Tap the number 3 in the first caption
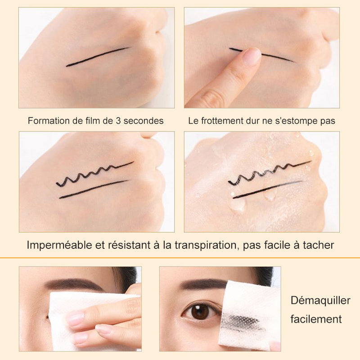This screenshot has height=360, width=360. pos(118,121)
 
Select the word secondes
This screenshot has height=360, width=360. pos(144,121)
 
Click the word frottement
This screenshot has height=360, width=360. pos(222,121)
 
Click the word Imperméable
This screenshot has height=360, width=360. pos(59,245)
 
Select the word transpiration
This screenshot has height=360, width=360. pos(206,245)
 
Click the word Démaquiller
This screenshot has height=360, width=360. pos(320,301)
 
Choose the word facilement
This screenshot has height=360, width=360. pos(316,319)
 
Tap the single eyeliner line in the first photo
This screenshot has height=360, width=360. pos(97,57)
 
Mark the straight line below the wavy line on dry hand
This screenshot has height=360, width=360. pos(94,189)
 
